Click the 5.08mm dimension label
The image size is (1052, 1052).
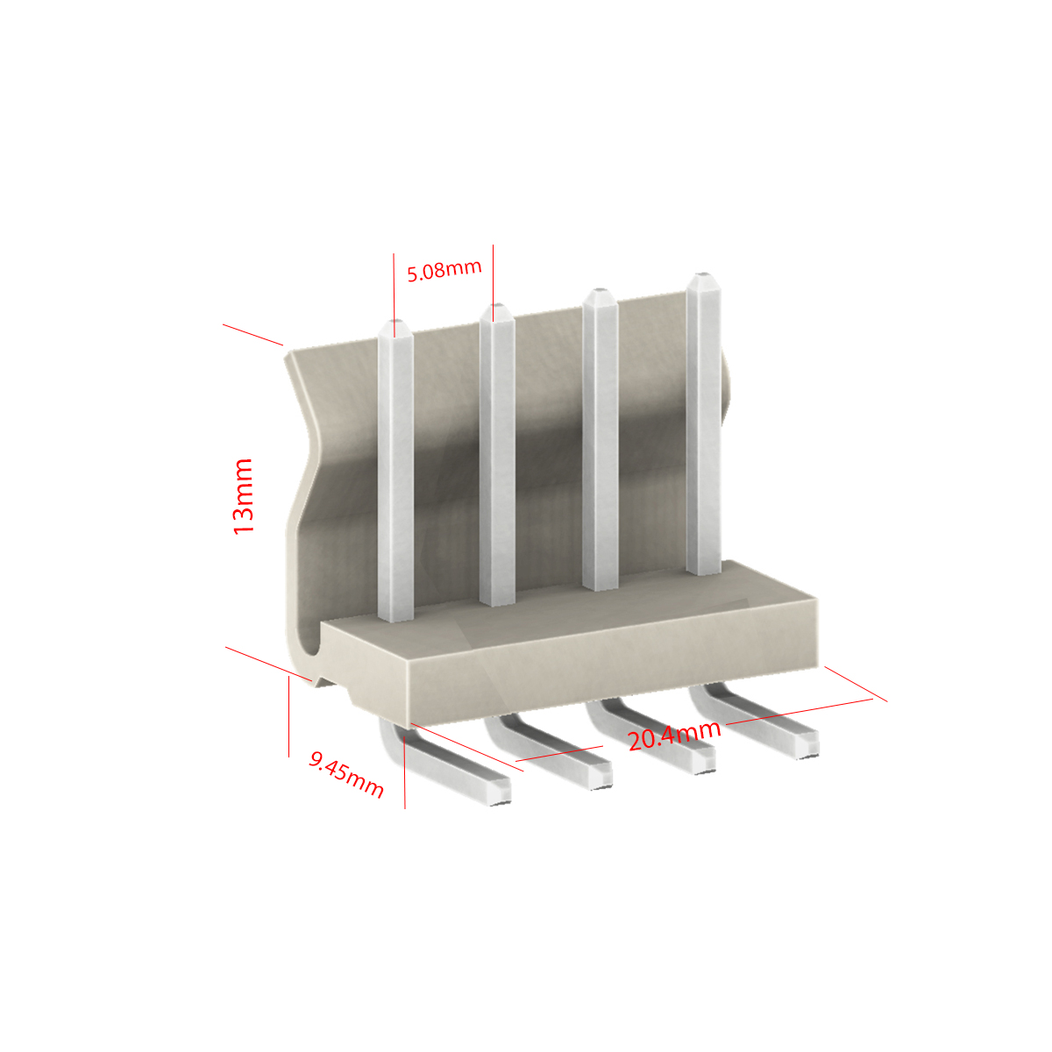coord(444,270)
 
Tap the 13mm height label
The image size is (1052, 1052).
coord(243,497)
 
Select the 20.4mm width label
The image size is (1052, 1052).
coord(674,736)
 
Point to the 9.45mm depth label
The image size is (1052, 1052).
coord(346,774)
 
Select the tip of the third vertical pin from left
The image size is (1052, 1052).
coord(601,292)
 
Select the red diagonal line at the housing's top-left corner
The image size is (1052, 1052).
coord(252,335)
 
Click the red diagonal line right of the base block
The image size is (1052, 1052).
coord(856,684)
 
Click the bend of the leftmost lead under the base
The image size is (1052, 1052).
coord(390,737)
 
